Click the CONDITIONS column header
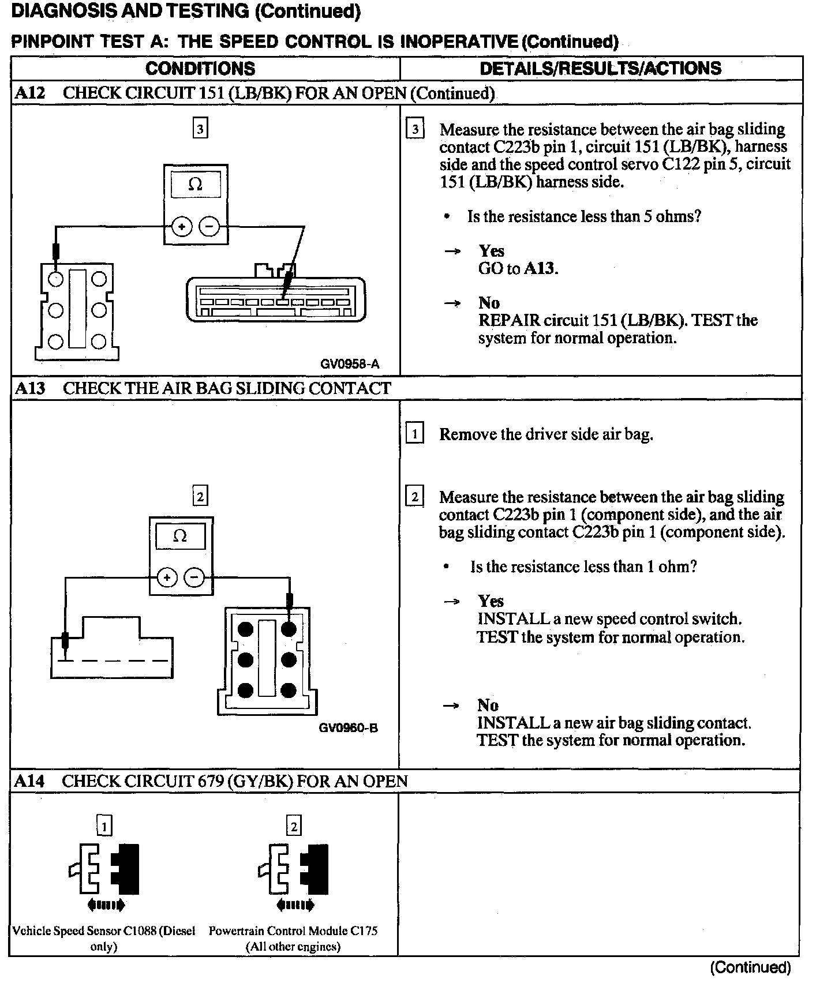tap(200, 69)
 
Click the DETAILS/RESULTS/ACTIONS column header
tap(600, 69)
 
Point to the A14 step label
tap(29, 781)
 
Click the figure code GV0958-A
tap(350, 364)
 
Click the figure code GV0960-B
tap(348, 728)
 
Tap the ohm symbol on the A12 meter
tap(196, 185)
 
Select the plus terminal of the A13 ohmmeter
tap(167, 577)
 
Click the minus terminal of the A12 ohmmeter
tap(209, 227)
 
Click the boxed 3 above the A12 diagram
tap(200, 129)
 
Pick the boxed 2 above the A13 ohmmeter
tap(200, 496)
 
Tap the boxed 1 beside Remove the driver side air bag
tap(414, 433)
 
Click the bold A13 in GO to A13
tap(540, 268)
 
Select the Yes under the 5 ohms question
tap(491, 251)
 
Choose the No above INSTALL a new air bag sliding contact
tap(488, 705)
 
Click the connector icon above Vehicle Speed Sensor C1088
tap(104, 875)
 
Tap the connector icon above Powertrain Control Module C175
tap(294, 875)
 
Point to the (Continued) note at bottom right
tap(750, 967)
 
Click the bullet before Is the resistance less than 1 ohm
tap(446, 567)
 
